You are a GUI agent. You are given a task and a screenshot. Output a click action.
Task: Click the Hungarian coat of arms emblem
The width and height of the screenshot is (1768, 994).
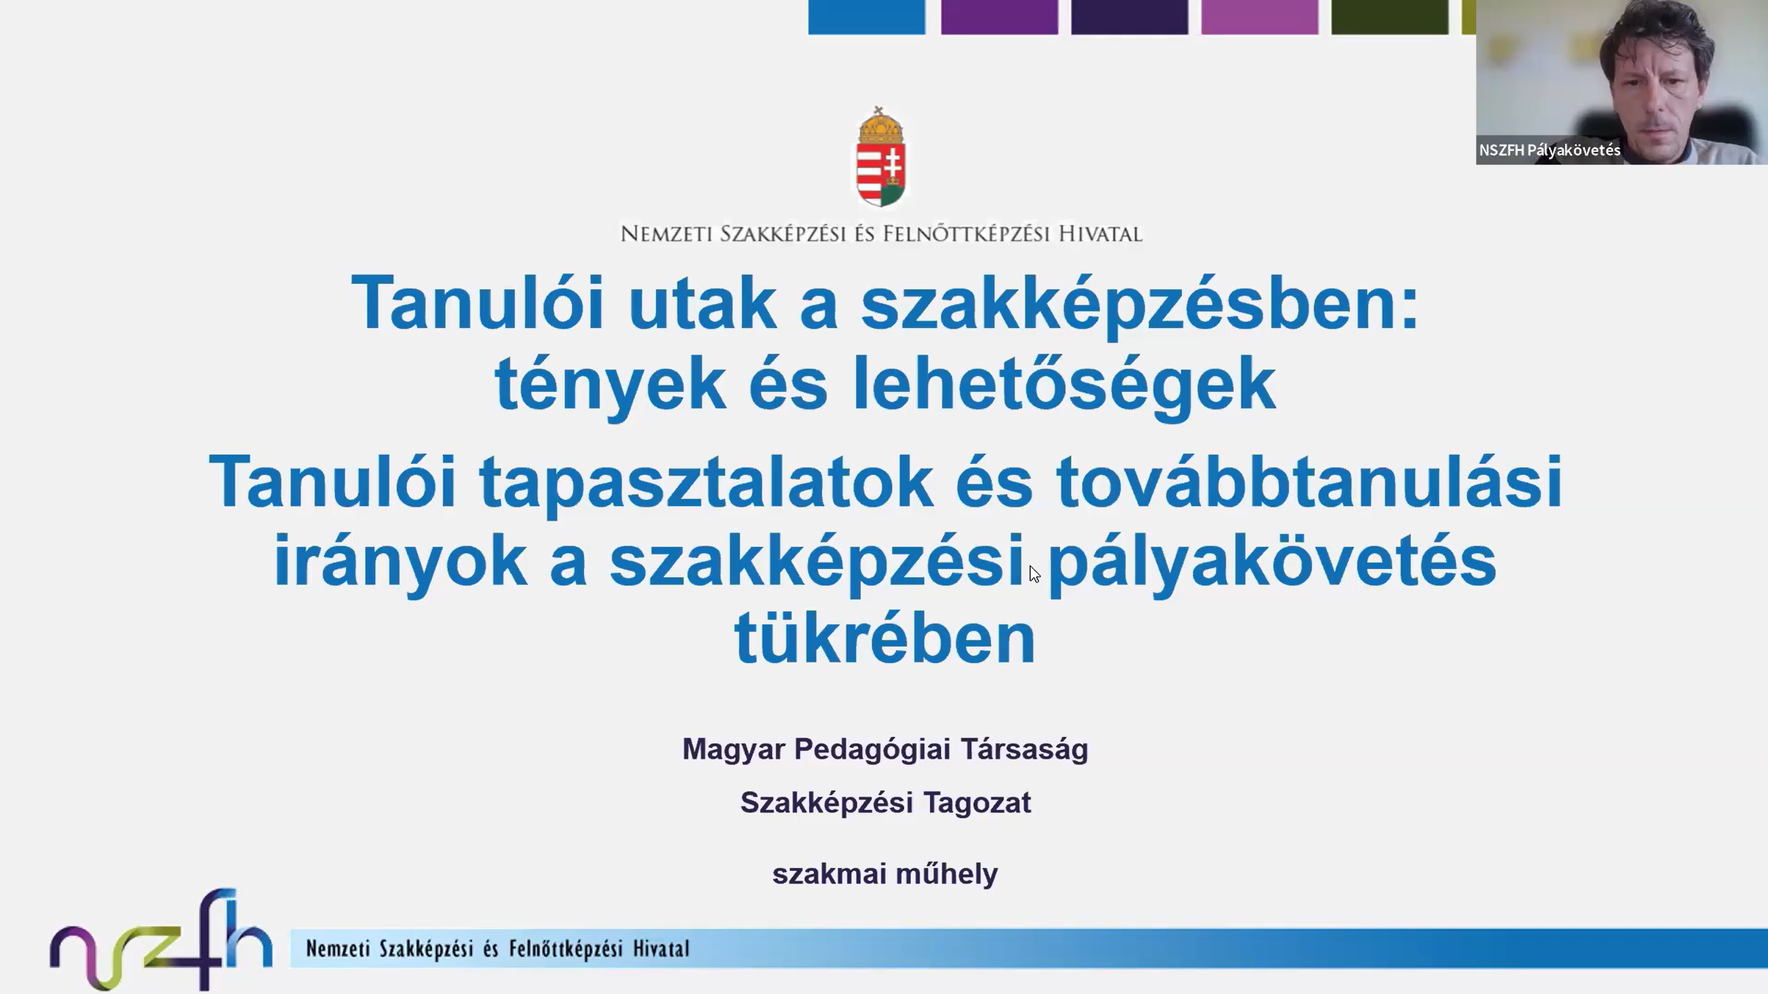pyautogui.click(x=880, y=157)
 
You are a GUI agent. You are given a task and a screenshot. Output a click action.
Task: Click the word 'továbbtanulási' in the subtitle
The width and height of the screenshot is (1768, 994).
pyautogui.click(x=1309, y=482)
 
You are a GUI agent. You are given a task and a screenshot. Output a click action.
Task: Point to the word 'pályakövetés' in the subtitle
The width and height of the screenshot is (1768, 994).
pyautogui.click(x=1273, y=563)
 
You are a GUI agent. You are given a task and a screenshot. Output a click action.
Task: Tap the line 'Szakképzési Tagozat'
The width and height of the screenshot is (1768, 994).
pyautogui.click(x=885, y=803)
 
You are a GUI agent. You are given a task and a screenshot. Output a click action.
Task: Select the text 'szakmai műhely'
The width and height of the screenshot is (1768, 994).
pyautogui.click(x=885, y=874)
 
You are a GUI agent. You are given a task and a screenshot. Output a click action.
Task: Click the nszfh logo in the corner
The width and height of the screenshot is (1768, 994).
pyautogui.click(x=161, y=939)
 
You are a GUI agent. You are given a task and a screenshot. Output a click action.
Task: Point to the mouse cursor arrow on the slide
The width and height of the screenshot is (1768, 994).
pyautogui.click(x=1034, y=574)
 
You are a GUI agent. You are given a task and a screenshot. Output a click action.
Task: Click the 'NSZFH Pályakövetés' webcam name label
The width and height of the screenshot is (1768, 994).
pyautogui.click(x=1549, y=150)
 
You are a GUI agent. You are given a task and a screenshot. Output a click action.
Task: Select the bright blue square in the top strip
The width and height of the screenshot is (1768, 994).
pyautogui.click(x=866, y=17)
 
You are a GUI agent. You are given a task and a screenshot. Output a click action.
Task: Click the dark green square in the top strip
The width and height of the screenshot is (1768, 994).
pyautogui.click(x=1389, y=17)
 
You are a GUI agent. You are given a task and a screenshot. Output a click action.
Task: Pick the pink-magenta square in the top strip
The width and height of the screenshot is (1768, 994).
pyautogui.click(x=1259, y=17)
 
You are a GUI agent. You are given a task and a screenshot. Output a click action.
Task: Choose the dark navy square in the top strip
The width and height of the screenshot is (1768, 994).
pyautogui.click(x=1129, y=17)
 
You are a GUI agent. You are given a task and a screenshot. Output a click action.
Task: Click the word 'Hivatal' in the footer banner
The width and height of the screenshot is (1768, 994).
pyautogui.click(x=661, y=948)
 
